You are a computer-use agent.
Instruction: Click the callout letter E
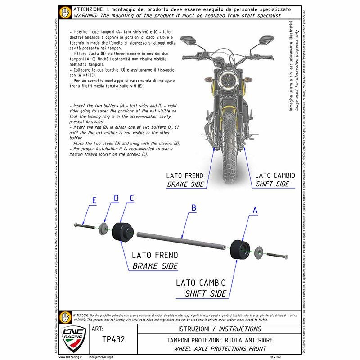coord(94,201)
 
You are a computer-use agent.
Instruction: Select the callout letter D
coord(116,198)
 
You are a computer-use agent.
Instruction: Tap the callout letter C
coord(132,198)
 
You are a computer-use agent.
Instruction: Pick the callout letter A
coord(256,210)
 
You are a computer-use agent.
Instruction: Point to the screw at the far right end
coord(275,256)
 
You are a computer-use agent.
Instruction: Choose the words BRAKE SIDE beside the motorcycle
coord(185,184)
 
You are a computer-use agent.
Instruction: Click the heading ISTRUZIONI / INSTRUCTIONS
coord(220,329)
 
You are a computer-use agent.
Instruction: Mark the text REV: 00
coord(275,356)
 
